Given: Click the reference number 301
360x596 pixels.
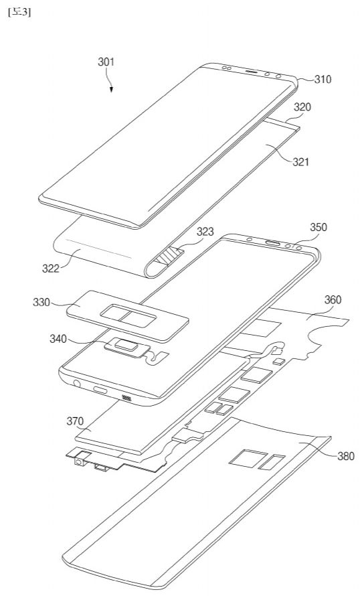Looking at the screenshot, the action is coord(106,62).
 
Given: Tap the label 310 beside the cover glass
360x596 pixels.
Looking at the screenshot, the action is coord(323,80).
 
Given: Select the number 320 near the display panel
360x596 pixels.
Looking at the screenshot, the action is coord(302,107).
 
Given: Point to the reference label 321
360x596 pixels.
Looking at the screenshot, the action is coord(300,162).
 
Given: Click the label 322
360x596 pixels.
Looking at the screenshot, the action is coord(51,269).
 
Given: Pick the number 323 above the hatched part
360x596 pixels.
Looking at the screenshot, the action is coord(205,232).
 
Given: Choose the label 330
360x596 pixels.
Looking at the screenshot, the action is coord(41,302).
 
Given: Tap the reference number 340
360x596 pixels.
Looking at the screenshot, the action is coord(58,339).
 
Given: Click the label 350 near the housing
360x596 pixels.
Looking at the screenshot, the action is coord(319,227).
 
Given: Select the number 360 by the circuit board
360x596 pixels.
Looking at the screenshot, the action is coord(333,300).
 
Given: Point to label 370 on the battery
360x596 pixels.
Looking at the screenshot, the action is coord(75,421).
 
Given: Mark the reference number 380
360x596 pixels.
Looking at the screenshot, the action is coord(345,456).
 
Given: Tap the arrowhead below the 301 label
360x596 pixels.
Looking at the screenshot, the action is coord(111,90).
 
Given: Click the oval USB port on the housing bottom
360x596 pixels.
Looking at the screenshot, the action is coord(101,390).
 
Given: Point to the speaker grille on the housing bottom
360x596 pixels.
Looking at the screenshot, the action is coord(126,398).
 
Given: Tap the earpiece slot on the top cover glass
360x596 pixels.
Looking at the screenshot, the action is coord(252,71).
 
